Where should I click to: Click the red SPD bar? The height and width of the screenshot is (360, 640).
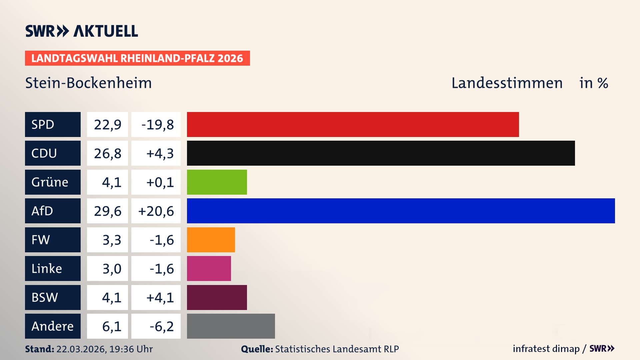353,124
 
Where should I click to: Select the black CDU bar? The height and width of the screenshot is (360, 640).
381,153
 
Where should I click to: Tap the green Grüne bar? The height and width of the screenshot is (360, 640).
217,182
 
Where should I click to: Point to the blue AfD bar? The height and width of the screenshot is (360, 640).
401,211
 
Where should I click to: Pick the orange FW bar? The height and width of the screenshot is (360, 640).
211,240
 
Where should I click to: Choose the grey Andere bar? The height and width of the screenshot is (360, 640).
231,326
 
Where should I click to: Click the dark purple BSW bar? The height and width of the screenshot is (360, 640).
217,297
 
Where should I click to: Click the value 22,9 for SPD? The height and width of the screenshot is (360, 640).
107,124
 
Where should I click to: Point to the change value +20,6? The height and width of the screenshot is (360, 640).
156,211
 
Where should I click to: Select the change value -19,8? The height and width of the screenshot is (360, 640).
157,124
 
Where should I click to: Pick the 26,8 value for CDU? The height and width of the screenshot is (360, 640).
107,153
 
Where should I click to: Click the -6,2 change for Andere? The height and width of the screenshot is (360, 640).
161,326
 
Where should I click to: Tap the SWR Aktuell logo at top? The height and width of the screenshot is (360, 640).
81,31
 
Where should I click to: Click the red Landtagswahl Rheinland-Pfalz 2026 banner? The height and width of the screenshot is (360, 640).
137,58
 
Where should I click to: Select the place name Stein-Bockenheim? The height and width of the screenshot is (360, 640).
88,83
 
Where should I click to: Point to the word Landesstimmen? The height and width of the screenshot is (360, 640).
507,83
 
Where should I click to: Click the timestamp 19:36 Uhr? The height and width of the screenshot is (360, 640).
131,349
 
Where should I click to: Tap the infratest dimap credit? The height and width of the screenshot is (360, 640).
546,349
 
